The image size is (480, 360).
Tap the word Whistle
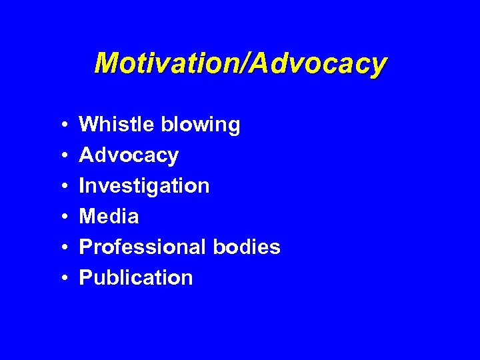pos(115,125)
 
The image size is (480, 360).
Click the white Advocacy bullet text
pos(129,156)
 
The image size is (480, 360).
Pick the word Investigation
pos(144,186)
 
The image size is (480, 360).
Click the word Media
pos(109,216)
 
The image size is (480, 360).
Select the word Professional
pos(143,247)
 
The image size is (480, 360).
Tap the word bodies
pos(247,247)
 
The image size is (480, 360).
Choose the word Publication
pos(135,277)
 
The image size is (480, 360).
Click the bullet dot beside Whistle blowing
pos(61,125)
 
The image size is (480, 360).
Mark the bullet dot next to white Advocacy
pos(61,156)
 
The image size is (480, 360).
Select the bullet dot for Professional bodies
pos(61,247)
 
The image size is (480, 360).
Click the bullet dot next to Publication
pos(61,278)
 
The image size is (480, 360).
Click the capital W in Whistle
pos(89,125)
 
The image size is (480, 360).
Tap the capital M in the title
pos(107,63)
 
